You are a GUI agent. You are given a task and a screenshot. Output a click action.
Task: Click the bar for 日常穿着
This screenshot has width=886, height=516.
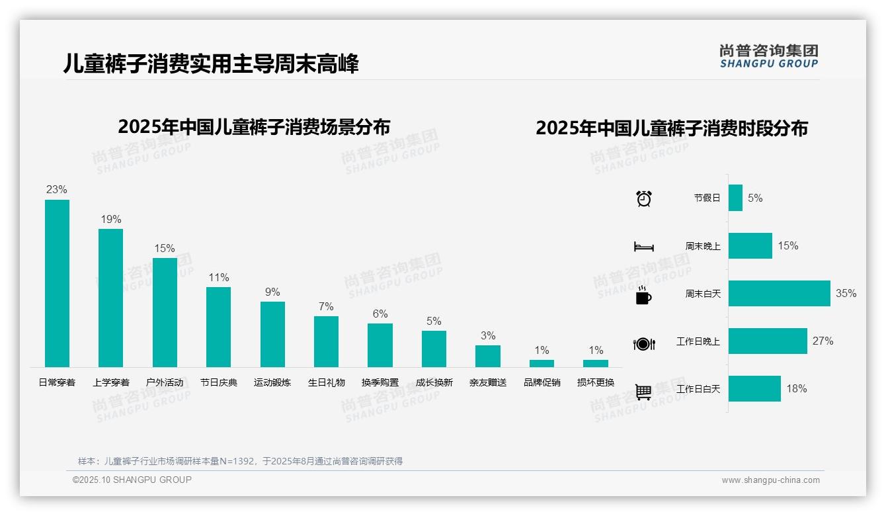pos(57,283)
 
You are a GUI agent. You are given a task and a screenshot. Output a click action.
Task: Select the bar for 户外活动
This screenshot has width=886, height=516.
pos(165,312)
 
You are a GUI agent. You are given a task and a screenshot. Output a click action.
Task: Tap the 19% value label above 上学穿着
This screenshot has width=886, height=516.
pos(110,220)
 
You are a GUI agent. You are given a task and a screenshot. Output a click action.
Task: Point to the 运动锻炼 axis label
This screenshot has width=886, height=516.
pos(272,382)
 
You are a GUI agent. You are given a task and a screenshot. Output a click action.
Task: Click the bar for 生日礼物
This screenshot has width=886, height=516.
pos(326,341)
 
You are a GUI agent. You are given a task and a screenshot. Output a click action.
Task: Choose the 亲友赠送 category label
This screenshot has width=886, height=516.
pos(488,382)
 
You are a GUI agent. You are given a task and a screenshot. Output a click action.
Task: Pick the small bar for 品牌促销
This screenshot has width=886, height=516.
pos(542,363)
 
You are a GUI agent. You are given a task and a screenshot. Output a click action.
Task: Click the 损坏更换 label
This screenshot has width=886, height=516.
pos(596,382)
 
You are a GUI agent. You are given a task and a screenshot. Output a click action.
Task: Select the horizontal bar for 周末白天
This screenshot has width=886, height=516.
pos(779,293)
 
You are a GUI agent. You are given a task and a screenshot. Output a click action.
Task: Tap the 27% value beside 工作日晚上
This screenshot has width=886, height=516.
pos(823,341)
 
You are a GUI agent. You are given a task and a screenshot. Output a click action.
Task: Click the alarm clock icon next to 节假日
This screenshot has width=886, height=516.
pos(644,198)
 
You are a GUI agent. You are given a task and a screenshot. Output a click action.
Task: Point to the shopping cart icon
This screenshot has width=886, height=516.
pos(643,392)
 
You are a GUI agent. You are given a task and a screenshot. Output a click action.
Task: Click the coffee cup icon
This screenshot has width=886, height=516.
pos(643,295)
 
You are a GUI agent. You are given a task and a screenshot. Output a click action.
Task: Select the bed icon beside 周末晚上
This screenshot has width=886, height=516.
pos(643,247)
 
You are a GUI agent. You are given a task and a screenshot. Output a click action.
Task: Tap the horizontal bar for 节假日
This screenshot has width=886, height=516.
pos(735,198)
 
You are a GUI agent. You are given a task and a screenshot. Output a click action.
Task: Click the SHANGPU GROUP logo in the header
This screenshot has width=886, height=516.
pos(769,56)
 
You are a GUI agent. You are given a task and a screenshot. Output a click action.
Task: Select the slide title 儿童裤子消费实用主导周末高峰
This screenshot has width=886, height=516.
pos(211,64)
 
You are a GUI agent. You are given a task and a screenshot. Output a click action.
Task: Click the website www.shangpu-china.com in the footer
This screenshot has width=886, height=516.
pos(770,480)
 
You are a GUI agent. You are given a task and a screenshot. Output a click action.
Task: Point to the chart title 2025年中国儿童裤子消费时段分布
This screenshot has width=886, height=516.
pos(671,128)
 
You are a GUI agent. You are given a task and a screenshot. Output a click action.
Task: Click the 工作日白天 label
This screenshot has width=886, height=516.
pos(698,389)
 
